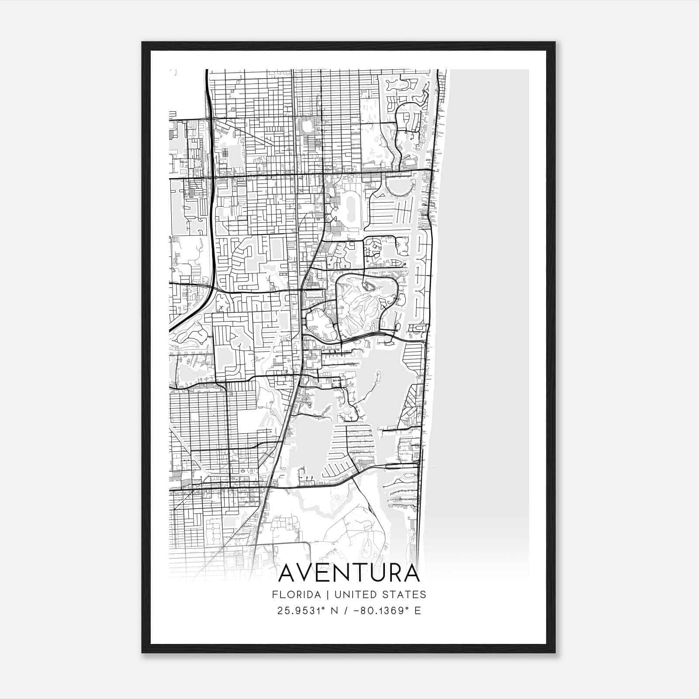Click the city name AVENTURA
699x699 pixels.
coord(349,573)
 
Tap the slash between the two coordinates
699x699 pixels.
coord(348,611)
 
